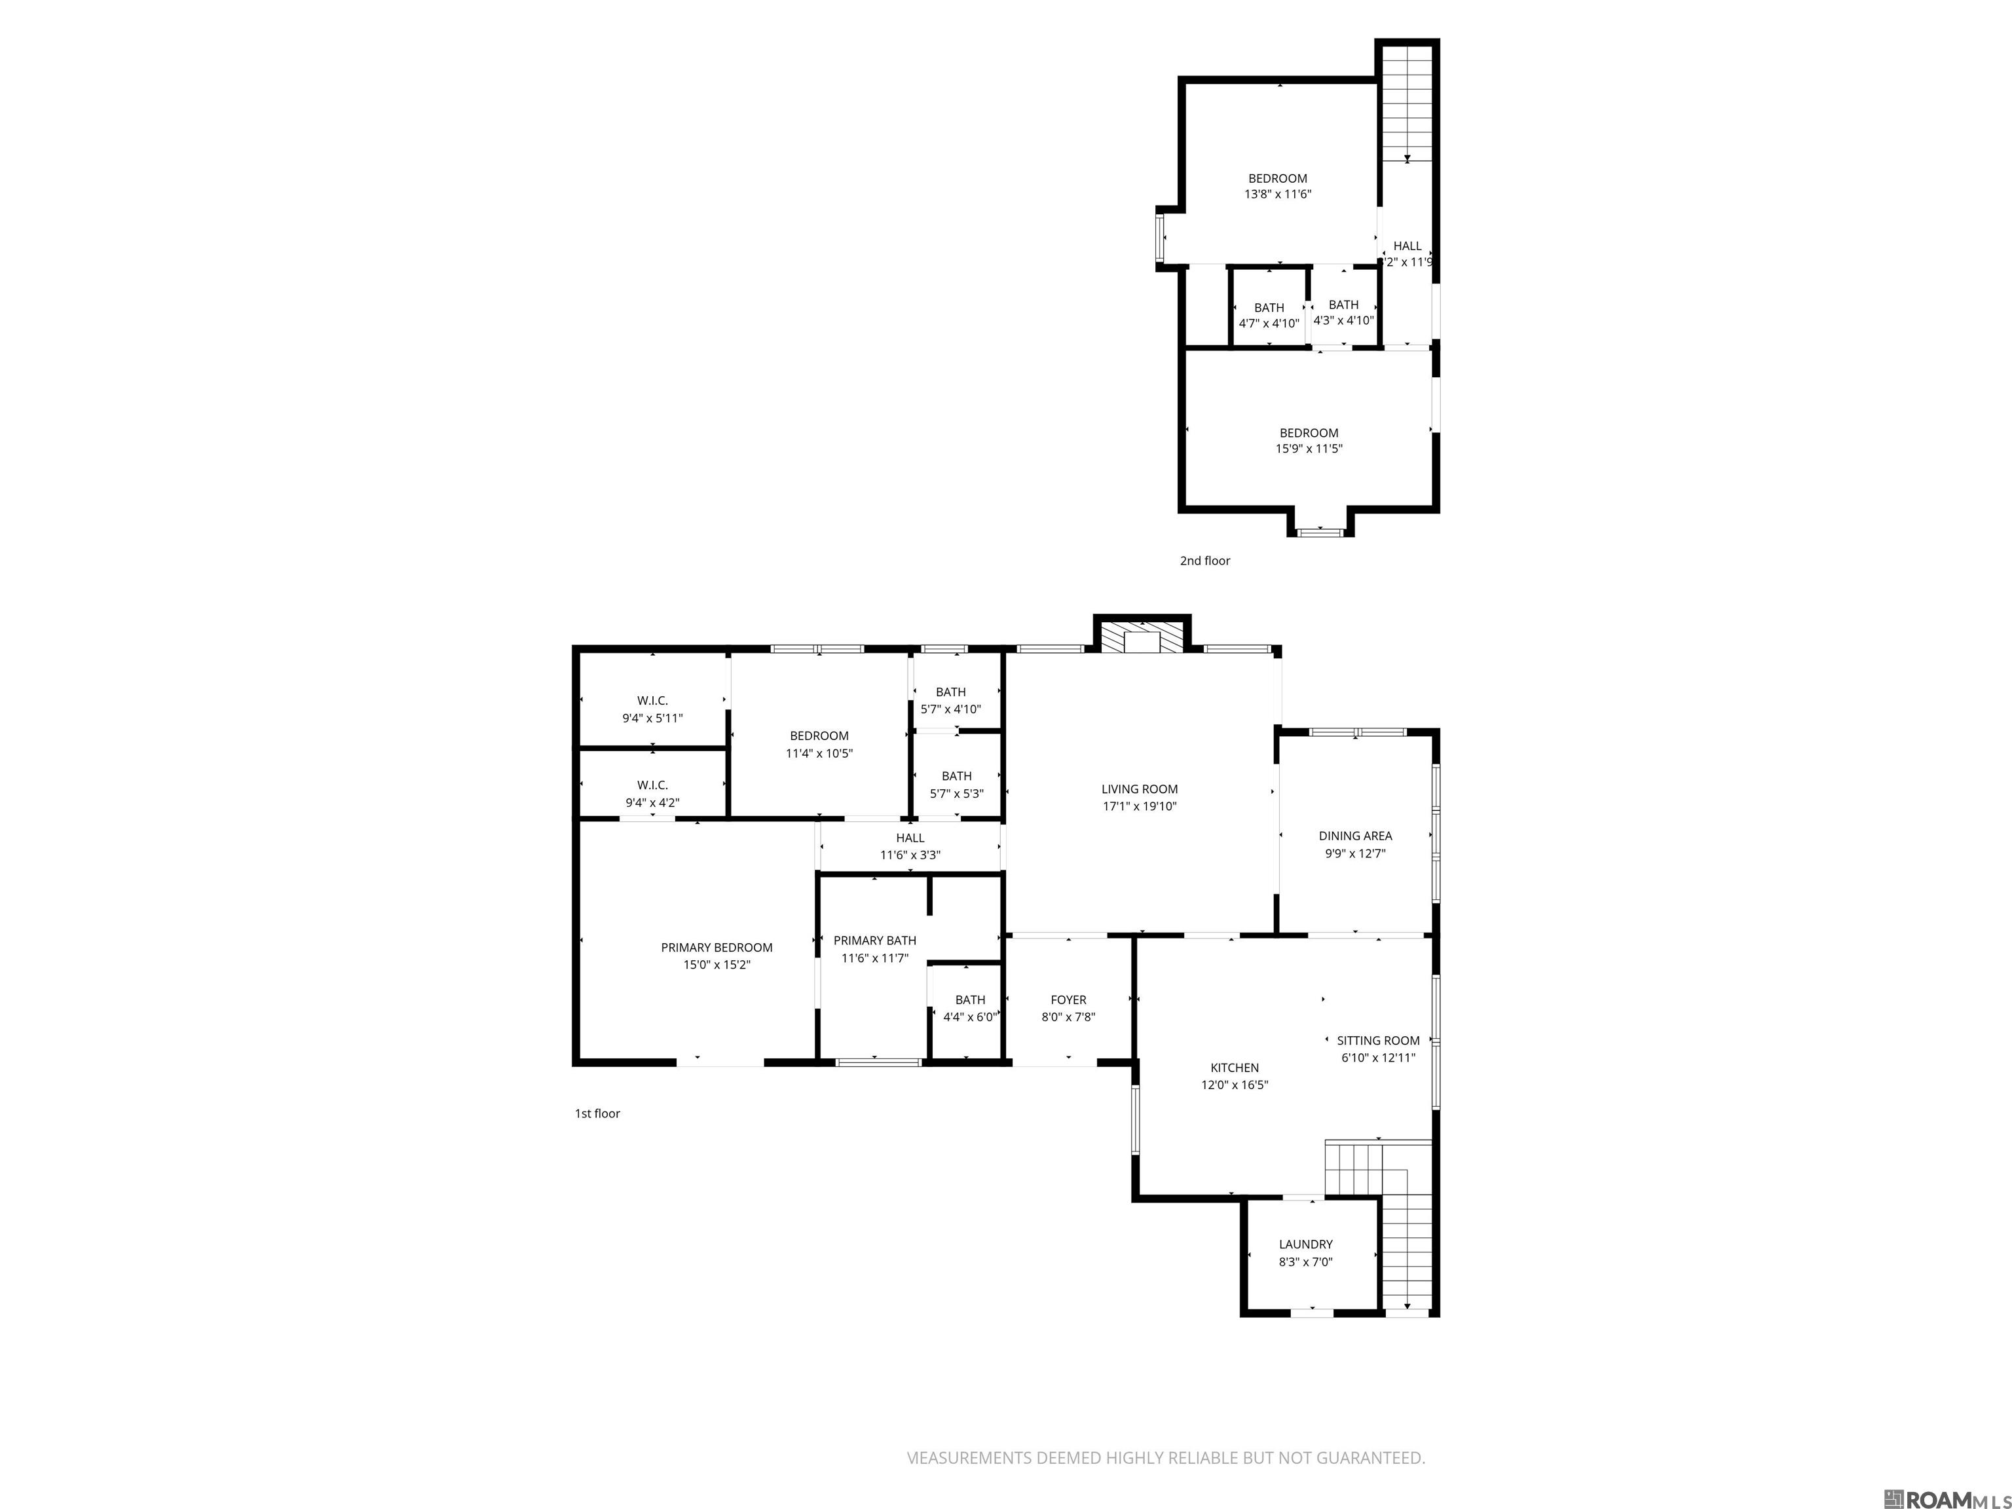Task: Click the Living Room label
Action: point(1139,789)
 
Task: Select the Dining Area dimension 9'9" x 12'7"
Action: point(1354,853)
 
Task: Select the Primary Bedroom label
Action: point(717,947)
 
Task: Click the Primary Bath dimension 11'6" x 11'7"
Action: point(874,958)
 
